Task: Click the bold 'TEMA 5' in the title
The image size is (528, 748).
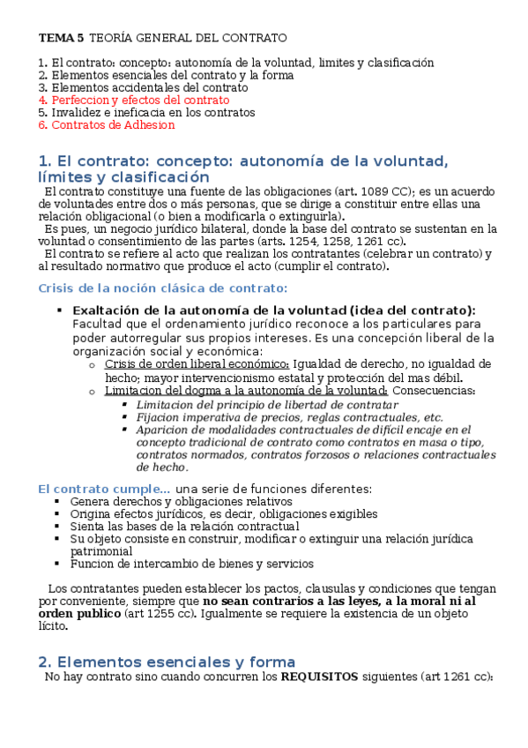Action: click(x=62, y=39)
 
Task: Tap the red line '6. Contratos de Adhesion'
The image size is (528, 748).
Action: click(x=107, y=125)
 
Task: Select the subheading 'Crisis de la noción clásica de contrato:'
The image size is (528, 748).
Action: click(x=162, y=288)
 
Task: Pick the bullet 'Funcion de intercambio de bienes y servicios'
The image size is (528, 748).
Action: click(x=192, y=563)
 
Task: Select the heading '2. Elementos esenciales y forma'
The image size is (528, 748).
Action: click(x=167, y=662)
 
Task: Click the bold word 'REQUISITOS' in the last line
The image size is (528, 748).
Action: click(x=319, y=677)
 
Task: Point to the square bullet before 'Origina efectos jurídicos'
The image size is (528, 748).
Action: click(x=57, y=513)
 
